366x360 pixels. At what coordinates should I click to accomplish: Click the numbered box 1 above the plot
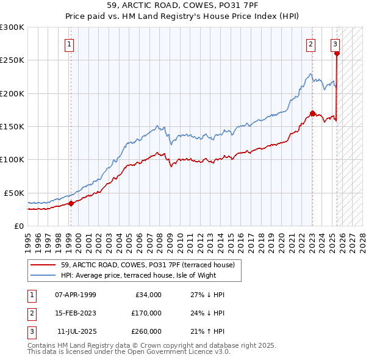(x=70, y=44)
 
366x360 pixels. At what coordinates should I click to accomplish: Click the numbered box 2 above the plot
(x=311, y=44)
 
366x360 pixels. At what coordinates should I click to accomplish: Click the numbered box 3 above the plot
(x=335, y=44)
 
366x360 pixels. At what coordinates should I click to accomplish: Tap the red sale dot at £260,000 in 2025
(x=337, y=54)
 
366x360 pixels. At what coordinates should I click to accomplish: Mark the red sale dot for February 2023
(x=312, y=113)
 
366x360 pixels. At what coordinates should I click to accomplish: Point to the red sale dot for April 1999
(x=71, y=203)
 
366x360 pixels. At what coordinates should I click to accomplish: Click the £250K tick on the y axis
(x=12, y=60)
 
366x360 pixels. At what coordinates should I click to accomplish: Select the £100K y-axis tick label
(x=12, y=160)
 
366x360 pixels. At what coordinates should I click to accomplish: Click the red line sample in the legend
(x=43, y=265)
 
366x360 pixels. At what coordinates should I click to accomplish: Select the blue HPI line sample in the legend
(x=43, y=275)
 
